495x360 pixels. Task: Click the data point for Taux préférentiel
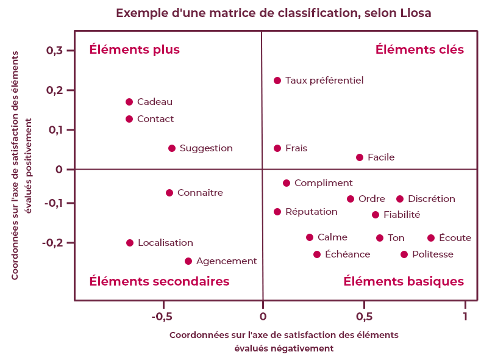[x=277, y=81]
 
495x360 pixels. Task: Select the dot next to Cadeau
[x=129, y=102]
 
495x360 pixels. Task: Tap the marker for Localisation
[x=130, y=243]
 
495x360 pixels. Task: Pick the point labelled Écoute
[x=431, y=238]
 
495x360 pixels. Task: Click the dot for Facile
[x=360, y=157]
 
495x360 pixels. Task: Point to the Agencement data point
[x=188, y=261]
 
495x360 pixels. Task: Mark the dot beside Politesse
[x=404, y=254]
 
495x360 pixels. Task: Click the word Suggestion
[x=206, y=148]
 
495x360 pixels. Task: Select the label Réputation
[x=311, y=212]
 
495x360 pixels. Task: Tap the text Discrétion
[x=432, y=199]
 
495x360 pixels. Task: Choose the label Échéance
[x=347, y=254]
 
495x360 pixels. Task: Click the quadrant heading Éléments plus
[x=135, y=49]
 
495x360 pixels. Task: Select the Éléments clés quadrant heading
[x=419, y=49]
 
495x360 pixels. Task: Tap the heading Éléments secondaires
[x=159, y=281]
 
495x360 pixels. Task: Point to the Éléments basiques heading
[x=404, y=281]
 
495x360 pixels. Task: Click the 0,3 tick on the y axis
[x=55, y=50]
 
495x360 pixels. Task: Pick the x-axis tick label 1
[x=465, y=317]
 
